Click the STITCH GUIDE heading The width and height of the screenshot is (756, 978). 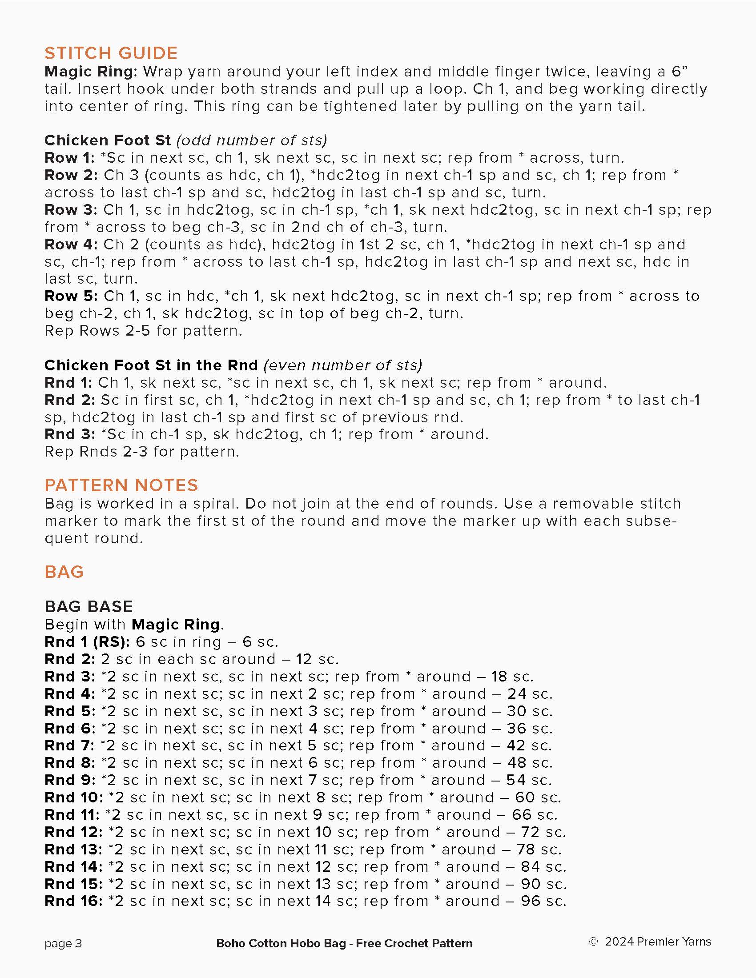(x=111, y=53)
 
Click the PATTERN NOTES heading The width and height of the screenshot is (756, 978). (x=121, y=485)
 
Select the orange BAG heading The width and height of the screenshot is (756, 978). (x=64, y=572)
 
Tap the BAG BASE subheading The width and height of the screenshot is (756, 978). (x=88, y=607)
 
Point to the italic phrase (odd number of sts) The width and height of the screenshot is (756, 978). (x=252, y=140)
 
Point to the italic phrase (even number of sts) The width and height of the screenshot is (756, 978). (x=342, y=365)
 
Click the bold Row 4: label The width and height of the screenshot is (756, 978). (x=71, y=244)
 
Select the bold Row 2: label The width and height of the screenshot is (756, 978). (x=71, y=175)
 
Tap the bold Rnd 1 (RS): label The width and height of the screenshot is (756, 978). (x=87, y=641)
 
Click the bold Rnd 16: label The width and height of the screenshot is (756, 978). (x=73, y=901)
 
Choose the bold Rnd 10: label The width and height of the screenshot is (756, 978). (x=73, y=797)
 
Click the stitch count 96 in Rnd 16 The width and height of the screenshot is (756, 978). (x=530, y=901)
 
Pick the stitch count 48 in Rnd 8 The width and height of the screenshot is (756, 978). (x=517, y=762)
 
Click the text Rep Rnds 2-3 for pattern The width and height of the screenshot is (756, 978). (x=141, y=451)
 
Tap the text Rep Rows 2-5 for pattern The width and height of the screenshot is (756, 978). (x=143, y=331)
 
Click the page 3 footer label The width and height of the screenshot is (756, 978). (x=63, y=943)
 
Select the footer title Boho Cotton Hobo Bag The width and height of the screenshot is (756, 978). (x=281, y=943)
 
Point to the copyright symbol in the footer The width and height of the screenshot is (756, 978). (x=593, y=942)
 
